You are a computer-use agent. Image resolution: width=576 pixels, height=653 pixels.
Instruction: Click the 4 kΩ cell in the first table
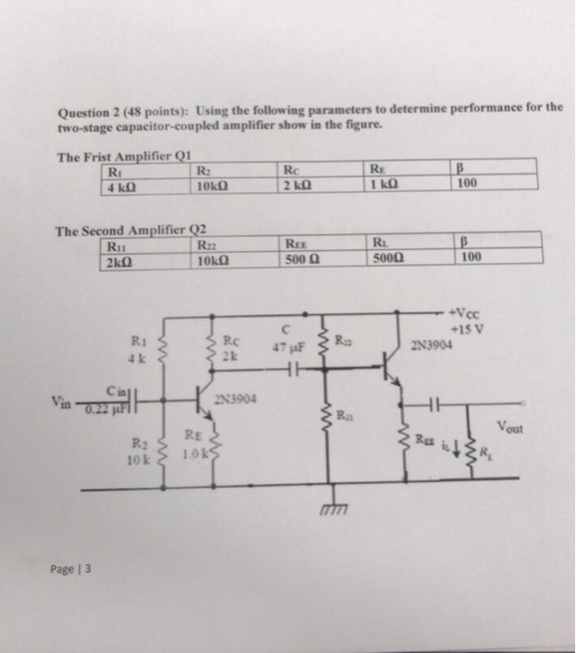[x=123, y=184]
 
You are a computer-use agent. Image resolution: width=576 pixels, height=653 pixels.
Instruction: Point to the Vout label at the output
[x=513, y=427]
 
